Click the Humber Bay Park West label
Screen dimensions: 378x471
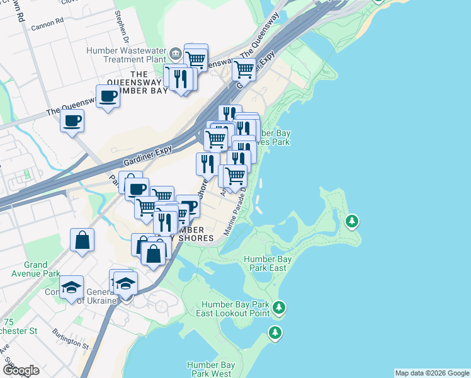point(211,369)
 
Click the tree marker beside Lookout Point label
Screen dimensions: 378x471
point(279,307)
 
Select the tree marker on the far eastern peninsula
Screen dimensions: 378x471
point(352,220)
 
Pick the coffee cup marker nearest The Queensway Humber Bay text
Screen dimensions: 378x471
point(108,96)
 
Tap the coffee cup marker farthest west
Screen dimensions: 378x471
point(72,120)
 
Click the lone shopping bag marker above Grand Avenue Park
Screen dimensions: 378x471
point(82,240)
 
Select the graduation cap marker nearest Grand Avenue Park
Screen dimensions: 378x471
point(72,287)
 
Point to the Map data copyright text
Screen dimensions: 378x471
point(432,373)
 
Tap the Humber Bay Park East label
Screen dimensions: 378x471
point(264,263)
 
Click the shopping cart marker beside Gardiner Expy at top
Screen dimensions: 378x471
point(243,68)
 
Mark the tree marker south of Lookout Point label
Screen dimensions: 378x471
point(275,332)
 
